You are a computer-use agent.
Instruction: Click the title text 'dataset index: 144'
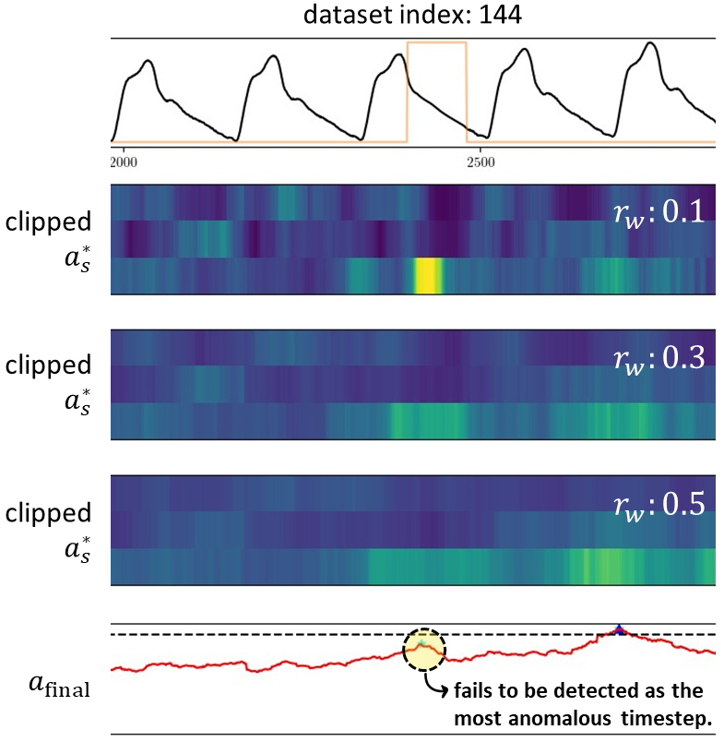tap(414, 16)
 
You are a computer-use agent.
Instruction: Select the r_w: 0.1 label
tap(660, 211)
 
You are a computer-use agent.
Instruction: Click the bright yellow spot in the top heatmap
tap(427, 275)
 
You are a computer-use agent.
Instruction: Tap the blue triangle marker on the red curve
tap(619, 629)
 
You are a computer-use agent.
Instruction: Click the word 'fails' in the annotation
tap(472, 691)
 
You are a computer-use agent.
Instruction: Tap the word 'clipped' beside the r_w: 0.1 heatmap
tap(48, 221)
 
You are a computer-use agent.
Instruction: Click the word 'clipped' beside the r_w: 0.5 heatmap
tap(48, 513)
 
